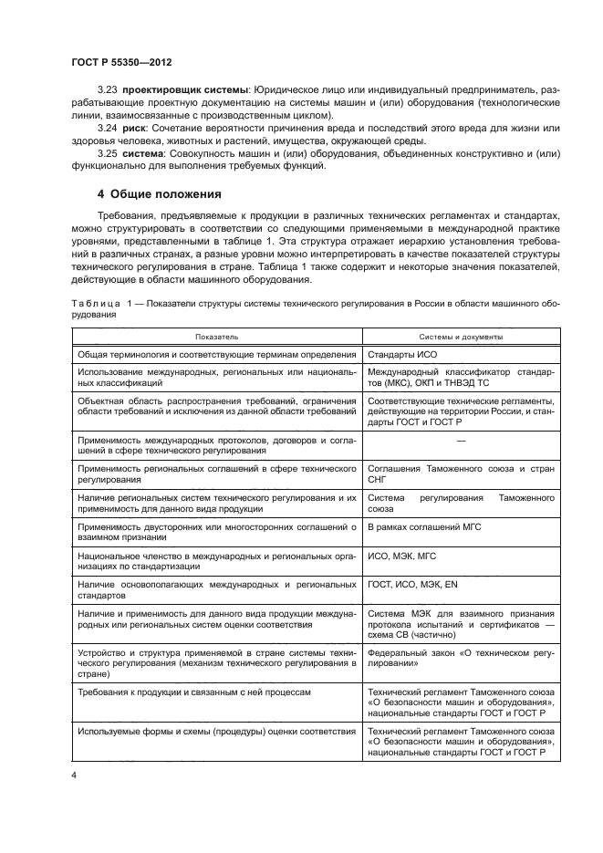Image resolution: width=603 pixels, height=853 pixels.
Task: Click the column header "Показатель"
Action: (x=215, y=337)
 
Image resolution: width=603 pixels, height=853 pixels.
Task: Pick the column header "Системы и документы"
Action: (x=461, y=337)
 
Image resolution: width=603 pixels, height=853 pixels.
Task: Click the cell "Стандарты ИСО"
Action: (x=401, y=355)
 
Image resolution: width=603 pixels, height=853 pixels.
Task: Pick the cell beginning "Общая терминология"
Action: (x=215, y=355)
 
